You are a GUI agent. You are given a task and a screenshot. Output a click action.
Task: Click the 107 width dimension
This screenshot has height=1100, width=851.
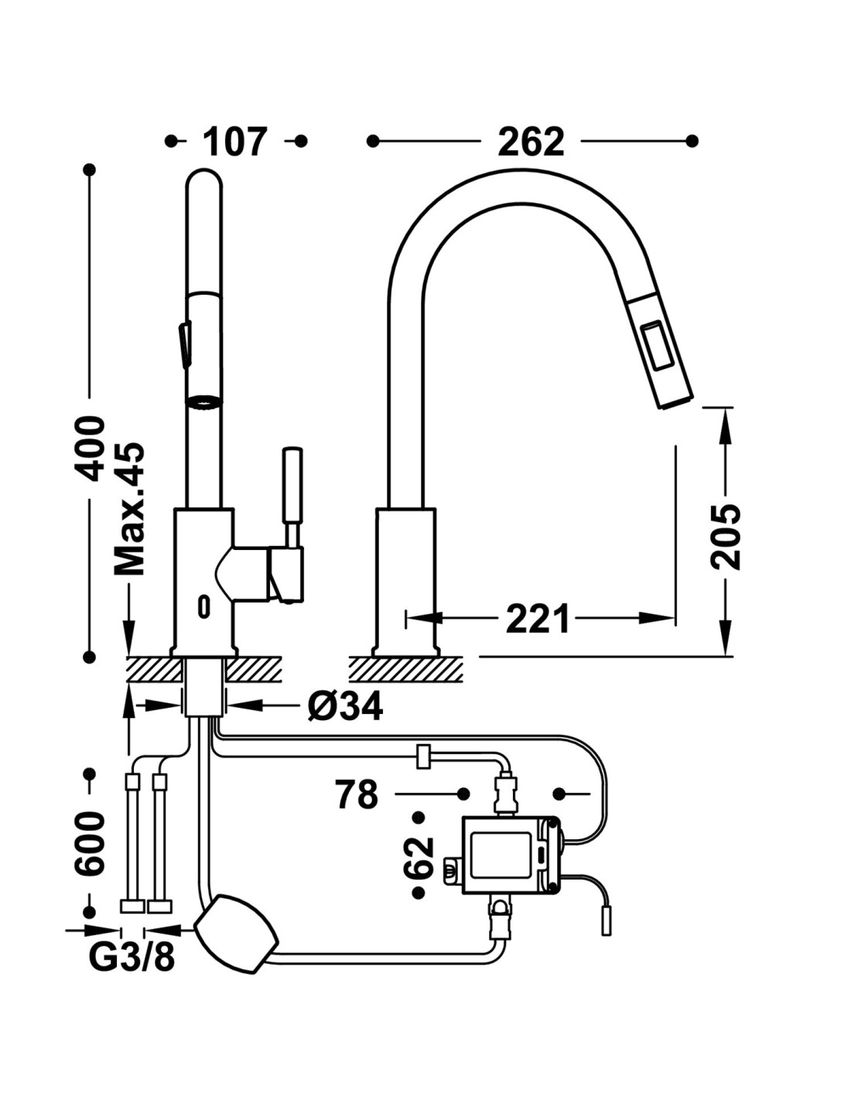(x=235, y=142)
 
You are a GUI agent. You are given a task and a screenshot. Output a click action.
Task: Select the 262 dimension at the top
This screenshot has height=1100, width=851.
(x=531, y=142)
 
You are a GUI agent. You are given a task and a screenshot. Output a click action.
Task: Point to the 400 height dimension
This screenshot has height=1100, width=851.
(x=92, y=449)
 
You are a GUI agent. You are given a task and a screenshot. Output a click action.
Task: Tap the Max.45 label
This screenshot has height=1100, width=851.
(x=130, y=508)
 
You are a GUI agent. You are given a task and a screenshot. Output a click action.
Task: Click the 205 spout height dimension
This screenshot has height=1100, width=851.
(x=726, y=536)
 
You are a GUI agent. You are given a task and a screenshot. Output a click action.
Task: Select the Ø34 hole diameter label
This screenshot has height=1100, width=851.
(x=344, y=705)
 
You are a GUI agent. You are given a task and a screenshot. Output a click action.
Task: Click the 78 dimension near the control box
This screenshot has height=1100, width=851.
(x=357, y=794)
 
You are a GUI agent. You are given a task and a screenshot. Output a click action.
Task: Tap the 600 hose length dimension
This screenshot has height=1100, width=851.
(x=91, y=843)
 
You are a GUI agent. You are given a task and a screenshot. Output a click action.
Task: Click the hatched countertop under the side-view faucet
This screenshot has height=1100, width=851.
(x=406, y=668)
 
